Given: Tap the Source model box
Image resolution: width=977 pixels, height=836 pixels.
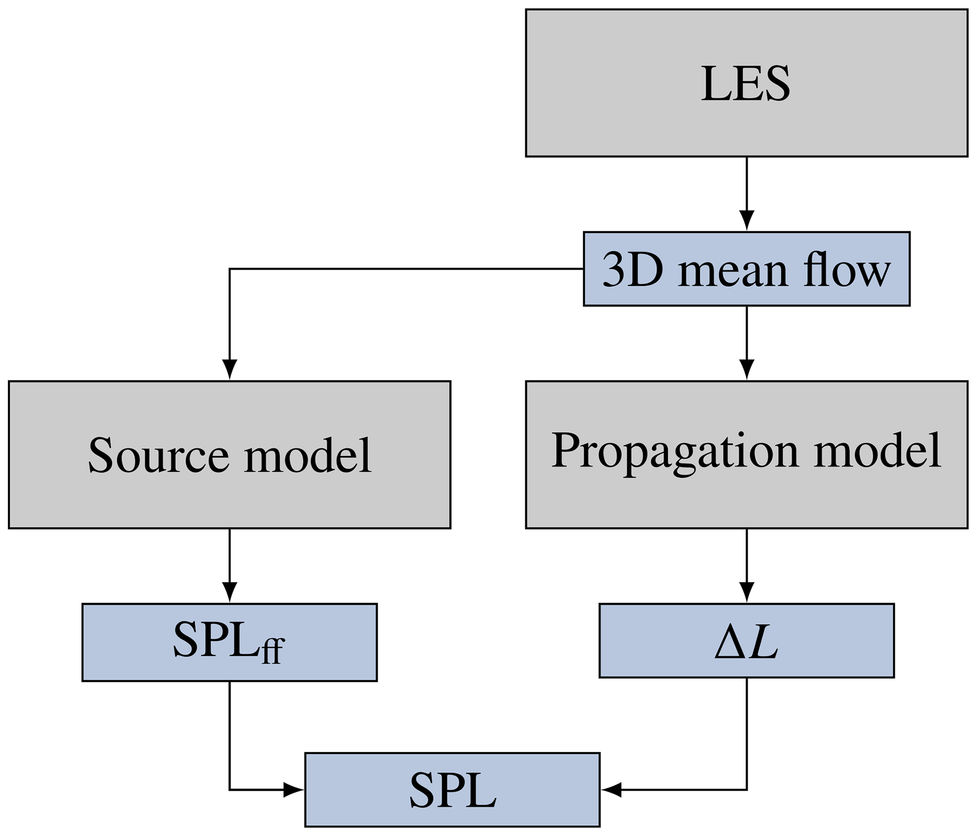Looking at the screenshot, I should pyautogui.click(x=229, y=455).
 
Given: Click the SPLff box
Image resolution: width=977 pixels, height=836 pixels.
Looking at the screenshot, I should pyautogui.click(x=229, y=642).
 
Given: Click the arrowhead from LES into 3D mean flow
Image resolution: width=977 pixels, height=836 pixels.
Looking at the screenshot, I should pyautogui.click(x=746, y=220).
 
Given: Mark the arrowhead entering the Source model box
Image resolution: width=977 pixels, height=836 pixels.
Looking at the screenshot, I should pyautogui.click(x=229, y=369).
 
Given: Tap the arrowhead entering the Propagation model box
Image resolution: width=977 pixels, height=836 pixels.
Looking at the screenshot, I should pyautogui.click(x=746, y=369).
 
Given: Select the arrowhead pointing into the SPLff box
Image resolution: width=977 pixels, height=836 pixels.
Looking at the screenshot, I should pyautogui.click(x=229, y=592).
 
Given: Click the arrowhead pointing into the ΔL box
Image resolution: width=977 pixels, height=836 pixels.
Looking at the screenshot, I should pyautogui.click(x=746, y=592).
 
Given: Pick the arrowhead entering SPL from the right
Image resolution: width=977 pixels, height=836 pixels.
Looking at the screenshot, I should pyautogui.click(x=612, y=790).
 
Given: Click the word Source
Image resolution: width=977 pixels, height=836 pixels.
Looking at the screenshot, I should pyautogui.click(x=159, y=455).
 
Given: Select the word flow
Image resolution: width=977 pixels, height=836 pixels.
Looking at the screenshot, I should pyautogui.click(x=847, y=270).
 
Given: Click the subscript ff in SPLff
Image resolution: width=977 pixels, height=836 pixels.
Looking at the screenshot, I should pyautogui.click(x=273, y=651).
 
